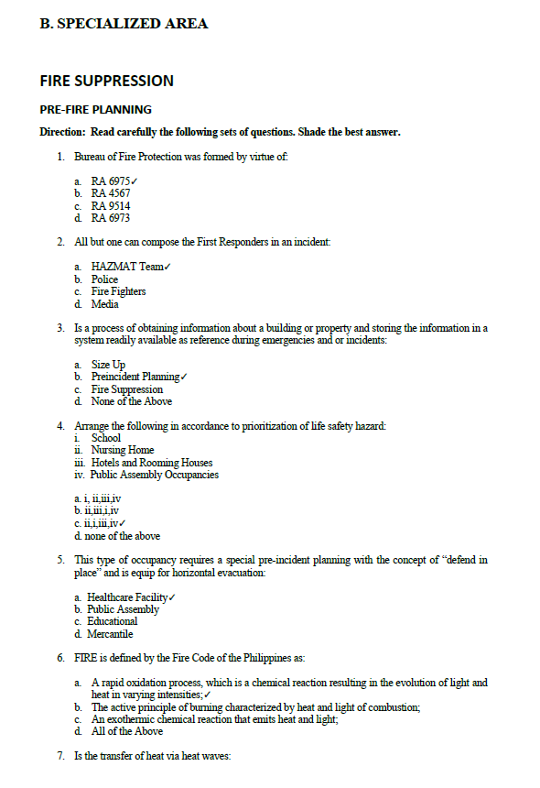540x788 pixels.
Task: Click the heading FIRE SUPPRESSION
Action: [x=106, y=81]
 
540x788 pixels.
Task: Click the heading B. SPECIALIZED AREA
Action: [x=124, y=24]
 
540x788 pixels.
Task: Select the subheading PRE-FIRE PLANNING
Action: [x=95, y=109]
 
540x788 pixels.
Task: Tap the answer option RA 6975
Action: [x=111, y=181]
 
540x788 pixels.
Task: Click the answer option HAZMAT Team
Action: [x=127, y=267]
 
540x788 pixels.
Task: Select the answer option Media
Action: [x=104, y=304]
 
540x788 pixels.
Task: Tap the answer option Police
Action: [x=104, y=279]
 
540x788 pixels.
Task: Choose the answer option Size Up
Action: [x=108, y=365]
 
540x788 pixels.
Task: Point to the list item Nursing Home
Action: [x=122, y=450]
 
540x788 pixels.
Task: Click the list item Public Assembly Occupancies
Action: [x=155, y=475]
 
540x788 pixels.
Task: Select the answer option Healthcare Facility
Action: [x=127, y=597]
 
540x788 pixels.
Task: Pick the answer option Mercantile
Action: [x=110, y=633]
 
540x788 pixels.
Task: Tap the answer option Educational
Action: [x=112, y=621]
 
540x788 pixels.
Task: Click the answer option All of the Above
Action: [x=126, y=731]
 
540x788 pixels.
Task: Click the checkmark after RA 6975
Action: [x=134, y=181]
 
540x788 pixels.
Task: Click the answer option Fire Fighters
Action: [x=118, y=291]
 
